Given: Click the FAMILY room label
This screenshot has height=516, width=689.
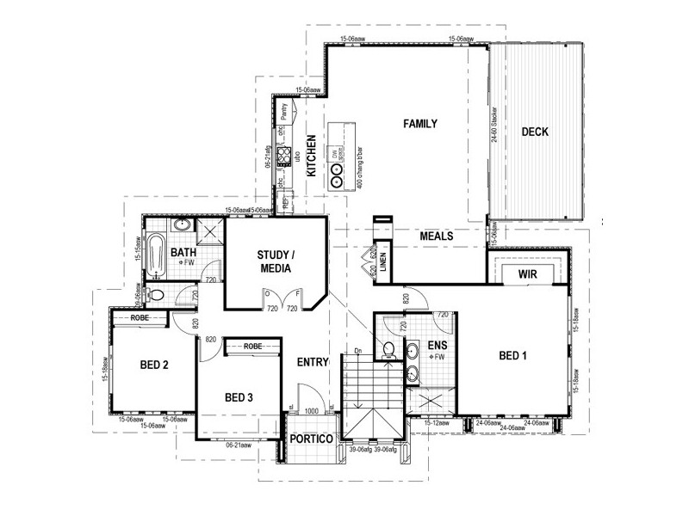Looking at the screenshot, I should coord(421,124).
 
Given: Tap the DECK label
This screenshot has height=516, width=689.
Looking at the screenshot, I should coord(535,132).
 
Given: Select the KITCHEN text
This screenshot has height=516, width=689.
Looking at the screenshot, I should coord(313,156).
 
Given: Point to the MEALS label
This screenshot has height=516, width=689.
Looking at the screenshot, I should coord(438,236).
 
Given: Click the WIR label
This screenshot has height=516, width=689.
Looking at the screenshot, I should coord(528,274).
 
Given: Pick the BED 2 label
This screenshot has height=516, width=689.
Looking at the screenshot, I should coord(154,365).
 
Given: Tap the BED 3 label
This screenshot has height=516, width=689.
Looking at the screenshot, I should coord(239,397).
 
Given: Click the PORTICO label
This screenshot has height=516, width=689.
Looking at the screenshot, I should coord(311,439).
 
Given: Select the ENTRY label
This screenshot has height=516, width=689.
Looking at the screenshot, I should coord(311,362).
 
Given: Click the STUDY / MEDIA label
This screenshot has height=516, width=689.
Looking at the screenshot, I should coord(276,261).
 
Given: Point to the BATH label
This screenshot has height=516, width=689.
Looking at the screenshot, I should coord(183,253).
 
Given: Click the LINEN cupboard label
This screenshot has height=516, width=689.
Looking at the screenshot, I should coord(383,265).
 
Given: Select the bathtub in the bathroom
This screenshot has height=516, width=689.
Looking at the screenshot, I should coord(156,255).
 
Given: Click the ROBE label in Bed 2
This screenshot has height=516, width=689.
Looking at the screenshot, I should coord(142,318).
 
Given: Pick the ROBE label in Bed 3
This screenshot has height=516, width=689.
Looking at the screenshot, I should coord(252,346).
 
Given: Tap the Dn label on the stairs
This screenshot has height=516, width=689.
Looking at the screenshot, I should coord(357,351).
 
